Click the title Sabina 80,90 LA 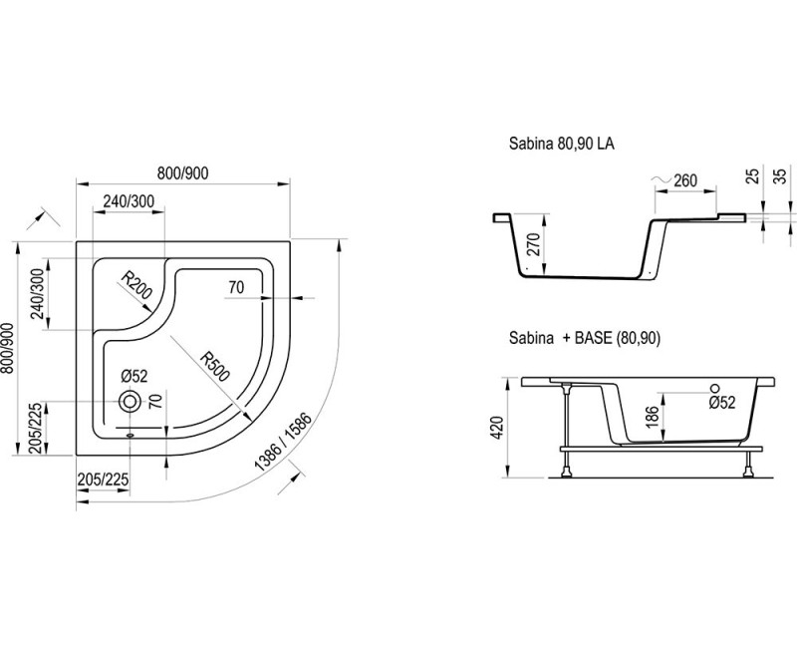[562, 144]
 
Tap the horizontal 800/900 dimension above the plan [183, 173]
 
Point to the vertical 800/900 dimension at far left [8, 348]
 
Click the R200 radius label [136, 285]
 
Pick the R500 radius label [214, 366]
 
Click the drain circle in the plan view [130, 402]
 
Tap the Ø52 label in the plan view [134, 377]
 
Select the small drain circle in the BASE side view [715, 388]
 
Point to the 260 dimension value [684, 180]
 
